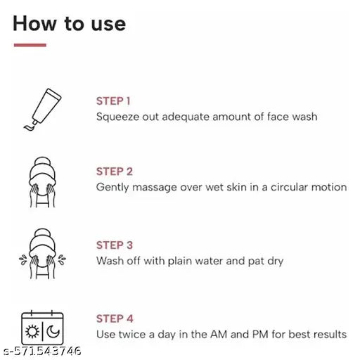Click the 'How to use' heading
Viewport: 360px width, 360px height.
point(69,23)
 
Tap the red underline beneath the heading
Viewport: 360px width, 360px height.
point(30,45)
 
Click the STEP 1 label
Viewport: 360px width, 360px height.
point(113,101)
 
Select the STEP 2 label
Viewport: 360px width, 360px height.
point(114,172)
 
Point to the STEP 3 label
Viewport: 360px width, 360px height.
point(114,245)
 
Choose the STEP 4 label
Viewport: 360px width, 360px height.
point(114,319)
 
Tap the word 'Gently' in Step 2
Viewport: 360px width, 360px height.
point(112,188)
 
